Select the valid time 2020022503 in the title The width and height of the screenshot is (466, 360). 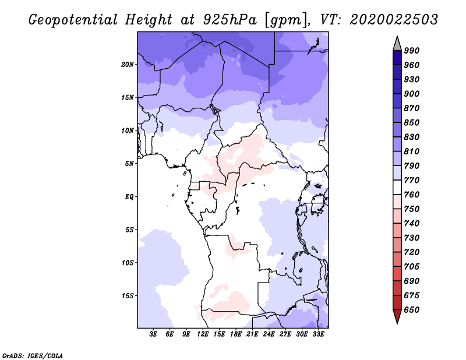point(394,19)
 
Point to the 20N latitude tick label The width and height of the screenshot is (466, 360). point(128,64)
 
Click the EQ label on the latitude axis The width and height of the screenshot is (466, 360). point(130,196)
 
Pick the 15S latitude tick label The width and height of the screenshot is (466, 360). point(128,295)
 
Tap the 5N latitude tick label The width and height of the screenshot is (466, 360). point(130,163)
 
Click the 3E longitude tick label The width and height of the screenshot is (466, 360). point(154,334)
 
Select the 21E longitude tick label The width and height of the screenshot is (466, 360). point(253,334)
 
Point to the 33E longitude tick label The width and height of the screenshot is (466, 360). point(319,334)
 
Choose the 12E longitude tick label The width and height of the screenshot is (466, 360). point(203,334)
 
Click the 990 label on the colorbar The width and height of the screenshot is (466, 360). point(412,51)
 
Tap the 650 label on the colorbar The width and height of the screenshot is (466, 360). point(412,310)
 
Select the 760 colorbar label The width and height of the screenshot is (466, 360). point(412,195)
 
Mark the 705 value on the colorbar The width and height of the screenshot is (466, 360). point(412,266)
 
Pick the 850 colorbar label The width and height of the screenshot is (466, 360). point(412,122)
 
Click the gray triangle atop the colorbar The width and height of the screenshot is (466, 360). point(397,43)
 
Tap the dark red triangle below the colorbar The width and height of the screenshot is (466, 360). point(397,316)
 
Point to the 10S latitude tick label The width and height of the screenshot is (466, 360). point(128,262)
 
